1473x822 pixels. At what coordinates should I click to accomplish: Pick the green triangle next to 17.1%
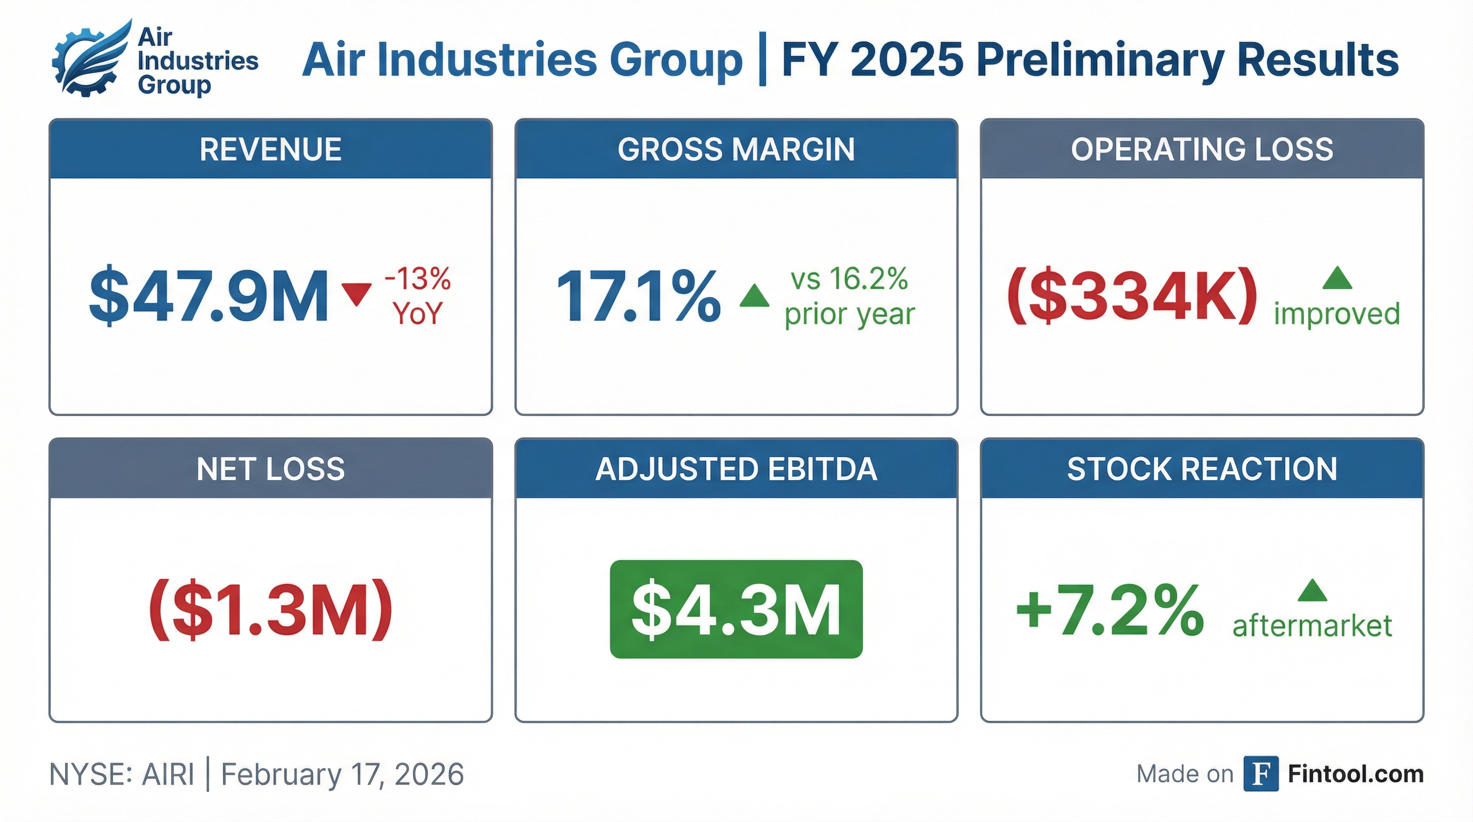(x=754, y=296)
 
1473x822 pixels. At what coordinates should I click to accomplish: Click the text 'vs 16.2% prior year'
(x=850, y=296)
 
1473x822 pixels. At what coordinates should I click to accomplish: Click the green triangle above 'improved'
(x=1338, y=279)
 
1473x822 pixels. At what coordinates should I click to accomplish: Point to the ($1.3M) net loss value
(x=270, y=610)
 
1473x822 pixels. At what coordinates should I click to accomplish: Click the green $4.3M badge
(x=736, y=610)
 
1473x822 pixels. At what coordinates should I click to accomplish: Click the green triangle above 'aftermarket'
(x=1312, y=591)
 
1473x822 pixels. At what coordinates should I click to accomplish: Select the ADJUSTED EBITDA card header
(x=736, y=469)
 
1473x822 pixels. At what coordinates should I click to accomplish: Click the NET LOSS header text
(x=270, y=469)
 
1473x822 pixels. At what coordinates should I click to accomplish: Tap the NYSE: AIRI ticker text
(x=122, y=775)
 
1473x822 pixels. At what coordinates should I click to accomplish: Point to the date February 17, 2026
(x=343, y=775)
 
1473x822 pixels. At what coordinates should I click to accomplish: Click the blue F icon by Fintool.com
(x=1261, y=774)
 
